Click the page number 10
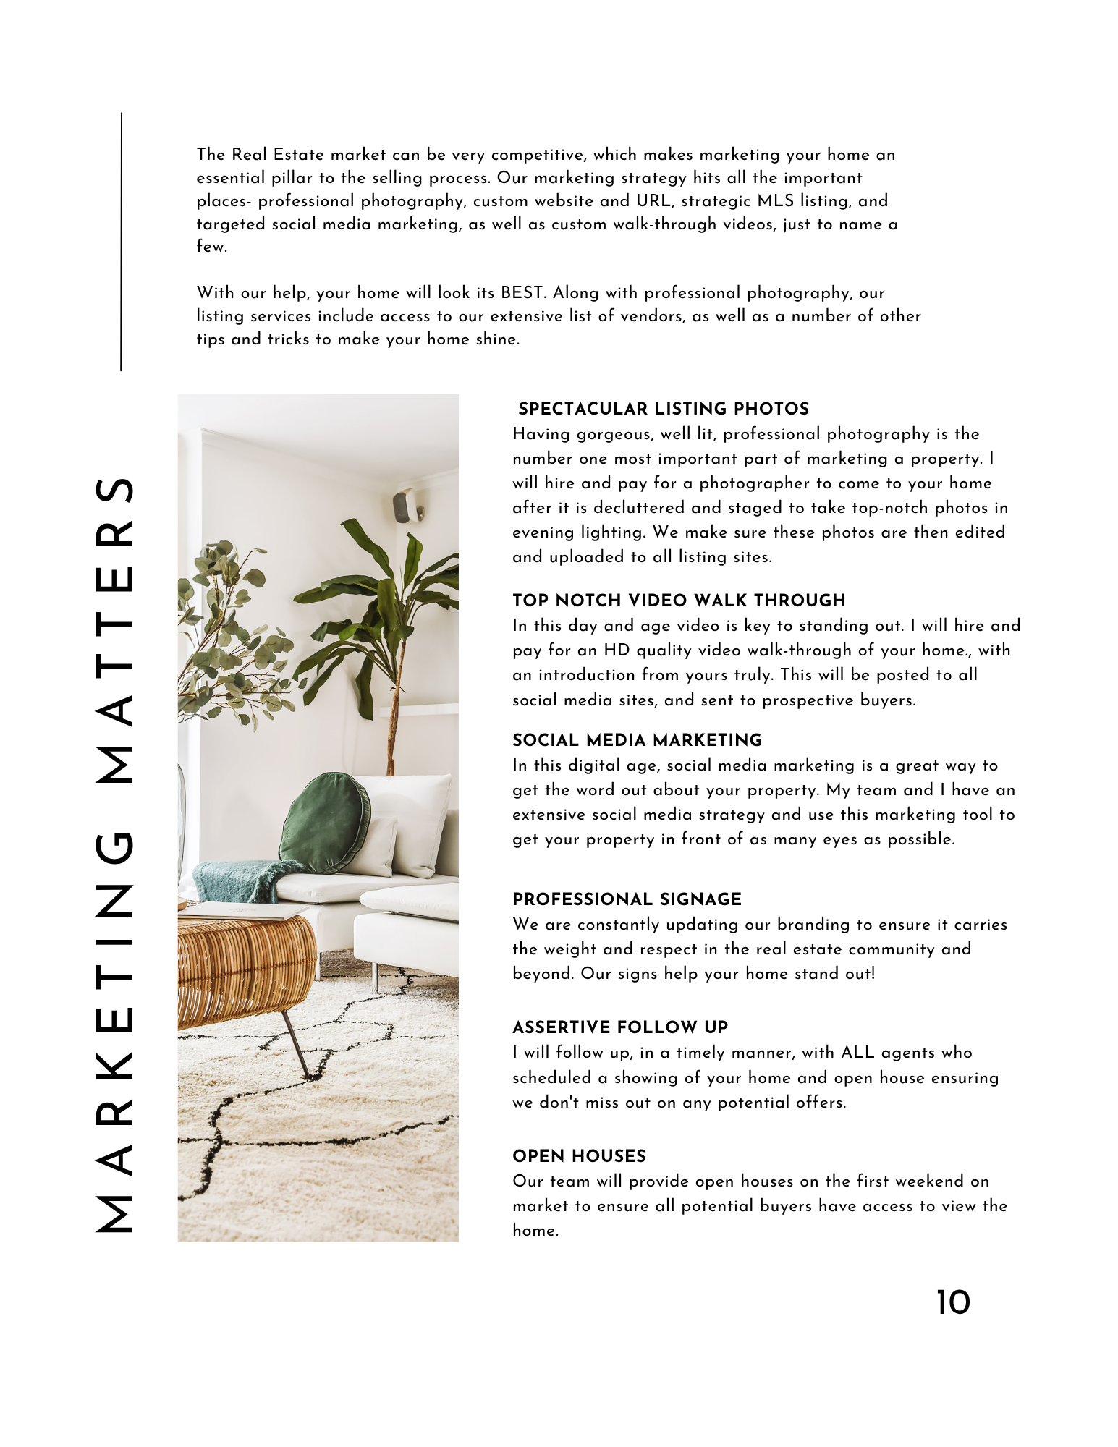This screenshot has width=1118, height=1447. coord(953,1303)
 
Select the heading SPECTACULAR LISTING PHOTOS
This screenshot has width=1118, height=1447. coord(664,409)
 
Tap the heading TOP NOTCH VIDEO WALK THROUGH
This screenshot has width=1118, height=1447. coord(679,601)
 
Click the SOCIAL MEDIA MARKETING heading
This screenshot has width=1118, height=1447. coord(637,740)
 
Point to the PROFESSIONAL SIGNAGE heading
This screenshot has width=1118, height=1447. coord(627,899)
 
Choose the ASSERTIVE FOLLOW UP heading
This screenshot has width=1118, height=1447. coord(620,1027)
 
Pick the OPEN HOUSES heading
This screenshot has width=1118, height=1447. coord(579,1156)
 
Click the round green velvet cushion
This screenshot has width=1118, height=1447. coord(324,823)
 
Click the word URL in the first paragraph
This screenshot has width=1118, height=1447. coord(653,201)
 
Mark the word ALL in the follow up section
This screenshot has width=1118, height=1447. coord(857,1053)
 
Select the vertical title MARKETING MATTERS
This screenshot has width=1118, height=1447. coord(114,854)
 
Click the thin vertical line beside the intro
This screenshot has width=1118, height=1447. coord(122,242)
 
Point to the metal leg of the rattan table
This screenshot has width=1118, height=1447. coord(297,1045)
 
